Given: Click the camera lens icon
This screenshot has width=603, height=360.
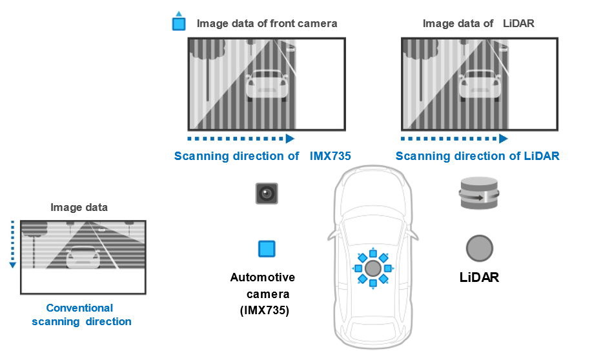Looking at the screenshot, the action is tap(267, 194).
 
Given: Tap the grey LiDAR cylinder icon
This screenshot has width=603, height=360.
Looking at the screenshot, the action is tap(479, 193).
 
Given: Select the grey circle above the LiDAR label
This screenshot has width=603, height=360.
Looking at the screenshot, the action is tap(479, 248).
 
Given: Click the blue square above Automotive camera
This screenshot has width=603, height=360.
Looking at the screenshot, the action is tap(267, 248).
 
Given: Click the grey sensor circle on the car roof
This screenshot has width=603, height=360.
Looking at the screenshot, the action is tap(373, 268).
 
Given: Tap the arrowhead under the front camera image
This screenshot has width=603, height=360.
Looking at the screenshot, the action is tap(290, 138).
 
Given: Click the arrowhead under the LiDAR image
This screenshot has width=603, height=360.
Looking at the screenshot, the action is tap(503, 138).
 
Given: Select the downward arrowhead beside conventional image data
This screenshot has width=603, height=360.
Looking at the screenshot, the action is tap(13, 265).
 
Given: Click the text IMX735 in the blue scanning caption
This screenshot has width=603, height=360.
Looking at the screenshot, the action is tap(331, 156).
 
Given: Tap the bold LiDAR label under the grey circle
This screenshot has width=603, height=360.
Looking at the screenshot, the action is tap(479, 277).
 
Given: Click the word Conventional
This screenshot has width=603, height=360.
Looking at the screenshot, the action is tap(79, 308).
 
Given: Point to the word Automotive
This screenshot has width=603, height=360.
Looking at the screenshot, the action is tap(263, 277).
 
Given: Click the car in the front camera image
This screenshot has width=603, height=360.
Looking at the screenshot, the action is tap(267, 85).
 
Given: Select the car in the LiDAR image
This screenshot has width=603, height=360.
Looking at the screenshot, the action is tap(480, 85).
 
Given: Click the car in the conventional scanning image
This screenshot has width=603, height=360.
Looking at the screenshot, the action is tap(83, 257).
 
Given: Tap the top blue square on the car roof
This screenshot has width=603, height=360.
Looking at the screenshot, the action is tap(373, 253).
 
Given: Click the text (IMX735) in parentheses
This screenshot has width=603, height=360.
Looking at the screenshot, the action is tap(265, 310).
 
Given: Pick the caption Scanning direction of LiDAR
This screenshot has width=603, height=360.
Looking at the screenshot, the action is tap(478, 156).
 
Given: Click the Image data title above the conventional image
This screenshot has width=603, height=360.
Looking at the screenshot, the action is tap(79, 208).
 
